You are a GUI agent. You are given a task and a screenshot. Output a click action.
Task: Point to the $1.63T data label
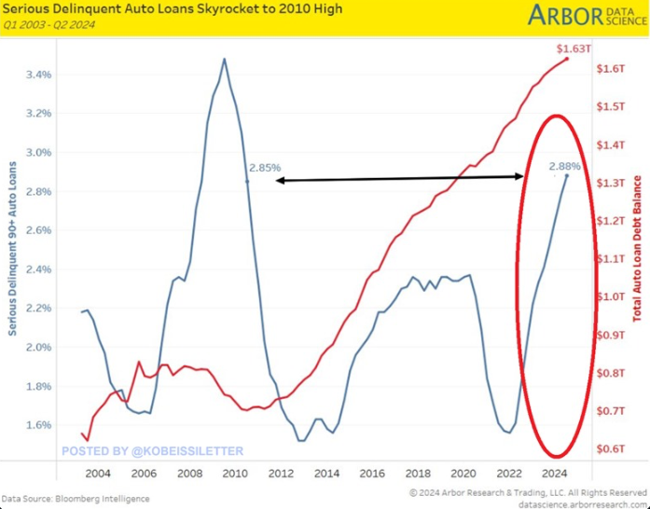coord(570,48)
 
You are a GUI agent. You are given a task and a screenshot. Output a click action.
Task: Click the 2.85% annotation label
coord(265,168)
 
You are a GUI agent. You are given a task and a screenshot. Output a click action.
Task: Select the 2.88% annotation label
coord(564,166)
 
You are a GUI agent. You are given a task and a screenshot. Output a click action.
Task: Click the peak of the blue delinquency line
coord(224,59)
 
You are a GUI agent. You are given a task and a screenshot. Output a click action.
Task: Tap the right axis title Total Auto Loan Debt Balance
coord(637,249)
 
